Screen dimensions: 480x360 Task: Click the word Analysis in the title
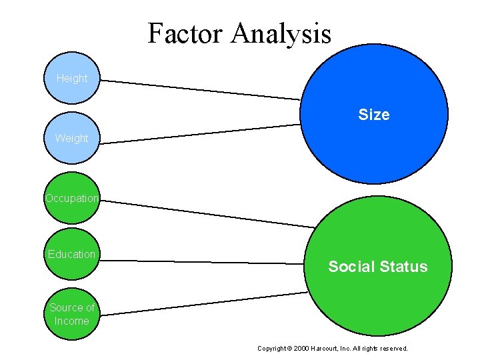coord(281,33)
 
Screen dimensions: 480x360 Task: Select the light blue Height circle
coord(71,78)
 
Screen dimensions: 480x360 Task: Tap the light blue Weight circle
coord(71,138)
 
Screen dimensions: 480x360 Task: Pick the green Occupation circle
coord(71,198)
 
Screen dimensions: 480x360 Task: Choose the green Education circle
coord(71,254)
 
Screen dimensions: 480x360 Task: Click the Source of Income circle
coord(71,314)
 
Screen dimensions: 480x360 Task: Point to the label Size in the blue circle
coord(373,115)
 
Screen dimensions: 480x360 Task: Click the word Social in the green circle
coord(352,267)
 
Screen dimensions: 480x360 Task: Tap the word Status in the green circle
coord(403,267)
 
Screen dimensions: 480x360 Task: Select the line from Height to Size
coord(200,90)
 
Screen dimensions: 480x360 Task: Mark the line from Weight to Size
coord(200,133)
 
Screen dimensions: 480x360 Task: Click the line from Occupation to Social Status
coord(207,213)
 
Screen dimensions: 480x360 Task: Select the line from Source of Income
coord(200,303)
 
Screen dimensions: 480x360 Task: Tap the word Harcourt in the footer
coord(325,348)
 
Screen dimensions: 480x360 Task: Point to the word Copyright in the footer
coord(271,348)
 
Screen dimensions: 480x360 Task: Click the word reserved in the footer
coord(393,348)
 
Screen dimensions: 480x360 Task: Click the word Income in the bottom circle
coord(71,321)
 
